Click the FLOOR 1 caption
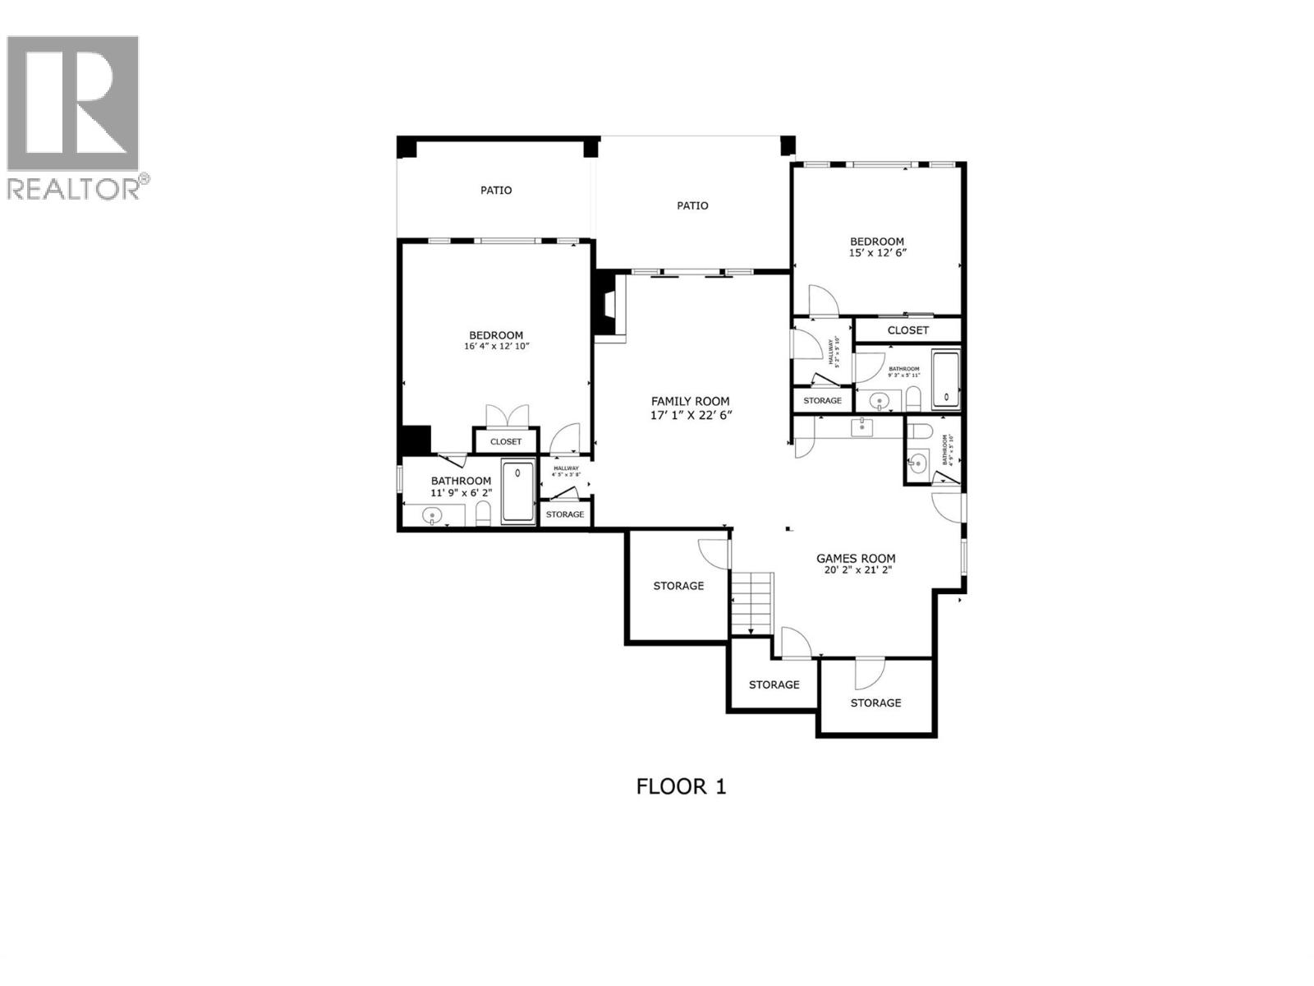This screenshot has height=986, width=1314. click(x=681, y=786)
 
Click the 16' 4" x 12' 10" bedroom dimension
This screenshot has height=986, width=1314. click(x=496, y=347)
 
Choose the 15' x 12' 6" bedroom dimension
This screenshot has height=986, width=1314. click(x=877, y=253)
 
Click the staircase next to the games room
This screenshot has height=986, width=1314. click(x=752, y=602)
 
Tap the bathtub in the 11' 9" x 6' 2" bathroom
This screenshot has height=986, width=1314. click(x=518, y=492)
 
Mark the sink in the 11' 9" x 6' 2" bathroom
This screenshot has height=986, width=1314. click(x=432, y=516)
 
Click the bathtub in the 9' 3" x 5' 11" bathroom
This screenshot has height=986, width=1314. click(x=946, y=380)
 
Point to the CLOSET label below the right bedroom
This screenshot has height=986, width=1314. click(x=907, y=330)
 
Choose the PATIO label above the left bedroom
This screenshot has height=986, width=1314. click(x=496, y=191)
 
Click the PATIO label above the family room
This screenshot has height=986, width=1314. click(x=692, y=205)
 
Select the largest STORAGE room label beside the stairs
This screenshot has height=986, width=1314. click(x=678, y=586)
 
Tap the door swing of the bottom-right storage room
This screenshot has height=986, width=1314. click(x=867, y=674)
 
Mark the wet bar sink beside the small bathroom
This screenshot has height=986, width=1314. click(x=861, y=426)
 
